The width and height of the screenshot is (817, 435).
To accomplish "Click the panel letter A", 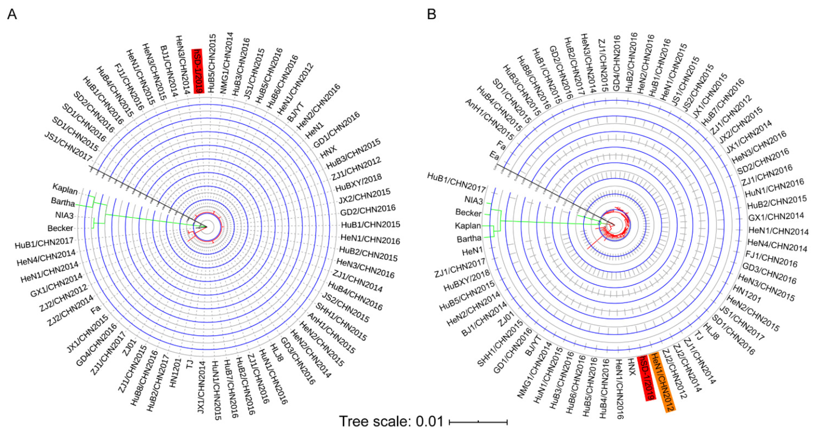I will click(12, 14).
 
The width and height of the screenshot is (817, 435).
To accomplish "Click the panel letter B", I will click(431, 14).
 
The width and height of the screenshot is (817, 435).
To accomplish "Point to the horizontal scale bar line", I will click(478, 422).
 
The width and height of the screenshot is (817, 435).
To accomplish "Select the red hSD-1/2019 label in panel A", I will click(198, 71).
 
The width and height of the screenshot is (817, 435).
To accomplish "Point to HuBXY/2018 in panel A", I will click(358, 183).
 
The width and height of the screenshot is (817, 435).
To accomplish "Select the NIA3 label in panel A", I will click(64, 215).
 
